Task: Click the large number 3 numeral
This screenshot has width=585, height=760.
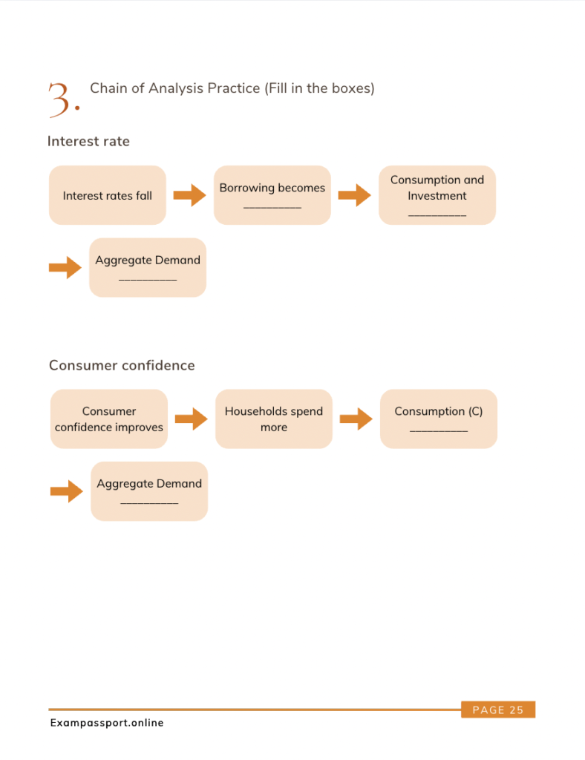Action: pos(59,100)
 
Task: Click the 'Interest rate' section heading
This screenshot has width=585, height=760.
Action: pos(88,141)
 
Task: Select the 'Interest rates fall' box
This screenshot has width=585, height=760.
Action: pos(108,195)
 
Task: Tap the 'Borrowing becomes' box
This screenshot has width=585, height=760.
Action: pos(272,195)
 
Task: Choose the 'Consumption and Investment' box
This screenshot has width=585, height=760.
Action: pos(437,195)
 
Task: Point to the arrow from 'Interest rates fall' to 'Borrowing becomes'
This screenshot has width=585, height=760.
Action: pos(190,195)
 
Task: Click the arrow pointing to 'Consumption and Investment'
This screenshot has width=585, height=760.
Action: pos(355,195)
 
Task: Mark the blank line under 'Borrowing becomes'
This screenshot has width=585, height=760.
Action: pos(272,208)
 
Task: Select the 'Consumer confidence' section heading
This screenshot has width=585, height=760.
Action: pos(122,365)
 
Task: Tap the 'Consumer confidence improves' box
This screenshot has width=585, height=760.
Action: pos(109,419)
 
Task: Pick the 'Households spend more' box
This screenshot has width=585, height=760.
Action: pos(274,419)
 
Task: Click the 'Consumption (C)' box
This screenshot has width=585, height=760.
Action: pos(439,419)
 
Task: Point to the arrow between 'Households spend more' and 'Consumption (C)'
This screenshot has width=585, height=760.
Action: pos(356,419)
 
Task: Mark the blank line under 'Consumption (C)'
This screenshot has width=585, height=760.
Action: pos(439,431)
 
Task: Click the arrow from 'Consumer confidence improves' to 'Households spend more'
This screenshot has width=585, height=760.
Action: pos(192,419)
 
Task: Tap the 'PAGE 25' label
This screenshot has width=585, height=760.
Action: pos(498,710)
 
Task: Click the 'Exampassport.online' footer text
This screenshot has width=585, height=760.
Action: pos(107,723)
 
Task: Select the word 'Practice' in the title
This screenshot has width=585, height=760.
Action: pos(234,88)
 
